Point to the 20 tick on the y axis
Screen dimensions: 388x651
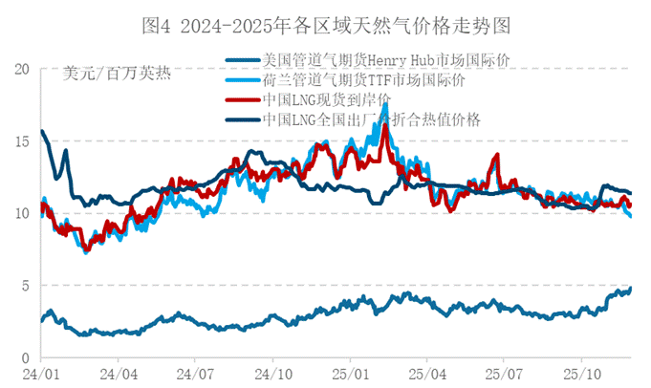click(22, 69)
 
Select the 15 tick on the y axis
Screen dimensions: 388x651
click(22, 141)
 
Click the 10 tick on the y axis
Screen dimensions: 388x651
click(22, 213)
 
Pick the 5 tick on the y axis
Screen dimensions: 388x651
click(26, 285)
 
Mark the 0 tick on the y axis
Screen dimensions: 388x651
click(26, 357)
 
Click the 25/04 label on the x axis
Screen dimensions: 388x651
click(426, 374)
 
